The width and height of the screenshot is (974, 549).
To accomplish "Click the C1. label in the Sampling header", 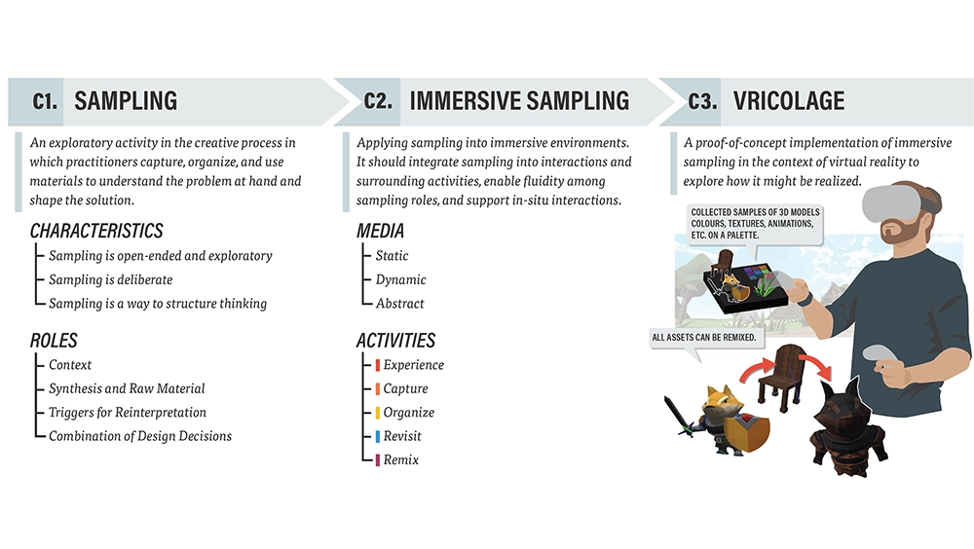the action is pos(45,101).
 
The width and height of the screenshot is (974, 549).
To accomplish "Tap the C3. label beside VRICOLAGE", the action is pos(702,101).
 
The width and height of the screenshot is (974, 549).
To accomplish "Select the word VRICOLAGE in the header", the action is pos(789,101).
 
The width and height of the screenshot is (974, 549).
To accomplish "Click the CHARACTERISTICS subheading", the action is pos(96,231).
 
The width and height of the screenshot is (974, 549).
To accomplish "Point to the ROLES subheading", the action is pos(54,341).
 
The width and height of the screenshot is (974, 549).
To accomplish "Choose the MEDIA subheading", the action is pos(380,231).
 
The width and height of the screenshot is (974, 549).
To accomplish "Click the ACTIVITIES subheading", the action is pos(395,341).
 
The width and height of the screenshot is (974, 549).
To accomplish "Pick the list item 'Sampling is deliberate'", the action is pos(111,279).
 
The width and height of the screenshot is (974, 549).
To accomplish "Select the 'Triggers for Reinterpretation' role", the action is pos(128,413).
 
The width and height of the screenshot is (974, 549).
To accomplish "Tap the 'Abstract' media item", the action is pos(399,304).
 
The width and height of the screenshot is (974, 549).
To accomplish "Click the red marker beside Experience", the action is pos(377,365).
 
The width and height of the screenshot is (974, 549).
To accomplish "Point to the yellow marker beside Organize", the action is pos(377,413).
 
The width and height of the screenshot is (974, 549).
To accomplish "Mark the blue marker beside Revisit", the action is pos(377,437).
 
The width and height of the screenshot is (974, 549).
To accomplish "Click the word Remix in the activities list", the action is pos(400,460).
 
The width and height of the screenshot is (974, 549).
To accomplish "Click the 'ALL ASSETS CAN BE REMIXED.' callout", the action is pos(704,338).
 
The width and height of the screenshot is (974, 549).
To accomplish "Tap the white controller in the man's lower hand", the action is pos(880,354).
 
